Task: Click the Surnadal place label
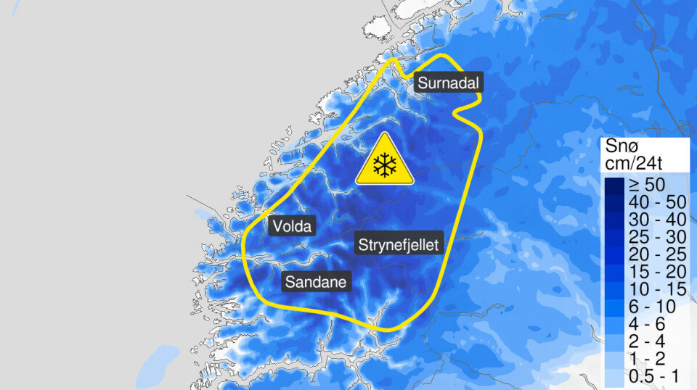click(x=448, y=83)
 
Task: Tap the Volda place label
click(x=293, y=227)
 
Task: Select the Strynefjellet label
click(x=399, y=245)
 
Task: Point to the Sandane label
click(x=315, y=281)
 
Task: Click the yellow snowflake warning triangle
click(x=384, y=161)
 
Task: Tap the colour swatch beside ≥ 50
click(x=614, y=186)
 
